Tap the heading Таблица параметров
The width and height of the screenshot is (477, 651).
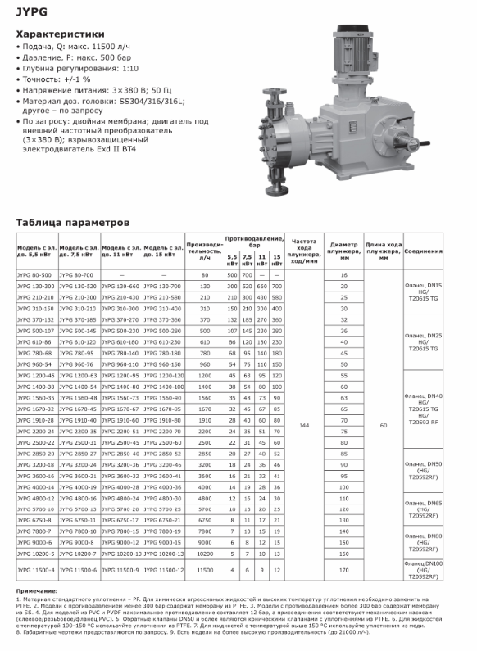[x=73, y=222]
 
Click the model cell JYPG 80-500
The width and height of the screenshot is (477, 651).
[x=35, y=275]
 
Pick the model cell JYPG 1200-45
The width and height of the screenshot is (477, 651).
[x=35, y=374]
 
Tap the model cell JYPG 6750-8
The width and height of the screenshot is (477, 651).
[x=35, y=519]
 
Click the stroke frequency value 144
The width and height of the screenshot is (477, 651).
[x=305, y=426]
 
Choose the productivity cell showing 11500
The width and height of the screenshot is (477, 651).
[x=204, y=567]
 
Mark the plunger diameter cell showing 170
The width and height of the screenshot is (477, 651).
[x=344, y=567]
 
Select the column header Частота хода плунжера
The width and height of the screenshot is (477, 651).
[x=305, y=250]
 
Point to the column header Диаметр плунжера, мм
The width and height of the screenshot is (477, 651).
[x=344, y=250]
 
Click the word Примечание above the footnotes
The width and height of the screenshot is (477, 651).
[x=36, y=591]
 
